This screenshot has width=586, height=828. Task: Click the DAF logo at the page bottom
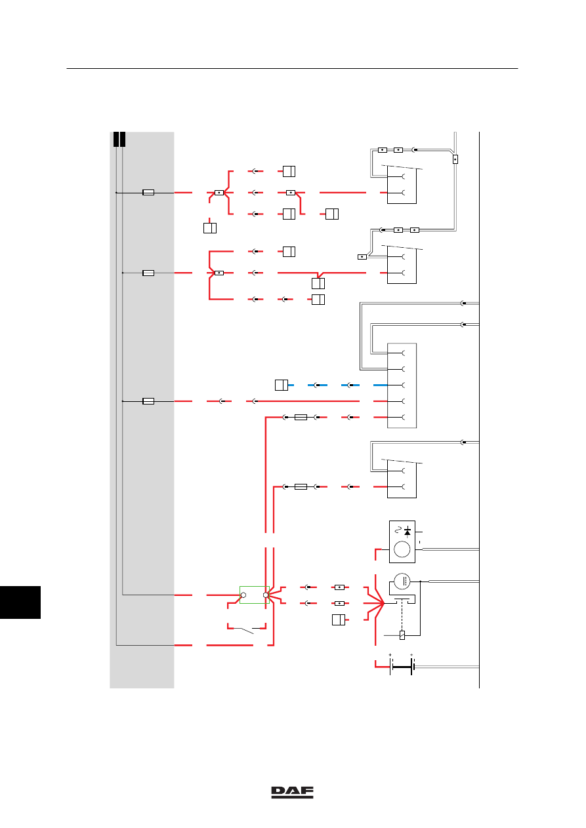point(292,792)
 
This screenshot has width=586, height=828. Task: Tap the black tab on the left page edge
point(20,602)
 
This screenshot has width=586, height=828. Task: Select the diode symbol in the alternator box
point(408,532)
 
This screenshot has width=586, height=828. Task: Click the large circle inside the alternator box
point(402,549)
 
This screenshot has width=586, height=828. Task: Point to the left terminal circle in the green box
point(243,595)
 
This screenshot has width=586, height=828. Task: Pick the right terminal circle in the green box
point(266,595)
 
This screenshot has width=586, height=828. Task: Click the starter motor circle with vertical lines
point(402,581)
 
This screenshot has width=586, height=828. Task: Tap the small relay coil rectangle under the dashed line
point(402,635)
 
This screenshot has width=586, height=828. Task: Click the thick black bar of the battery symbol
point(402,667)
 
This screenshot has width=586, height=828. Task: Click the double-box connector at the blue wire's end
point(282,385)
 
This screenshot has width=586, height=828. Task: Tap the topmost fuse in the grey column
point(148,193)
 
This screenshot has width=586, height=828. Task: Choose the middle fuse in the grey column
point(148,273)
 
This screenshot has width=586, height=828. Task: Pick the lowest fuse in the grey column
point(148,401)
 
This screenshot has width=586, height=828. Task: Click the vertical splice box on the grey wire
point(455,159)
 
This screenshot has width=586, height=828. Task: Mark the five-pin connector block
point(402,385)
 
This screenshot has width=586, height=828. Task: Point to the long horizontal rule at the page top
point(292,68)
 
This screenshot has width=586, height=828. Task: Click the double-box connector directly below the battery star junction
point(339,620)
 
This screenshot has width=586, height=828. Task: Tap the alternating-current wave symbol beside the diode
point(398,530)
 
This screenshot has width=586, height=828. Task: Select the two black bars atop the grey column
point(119,140)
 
